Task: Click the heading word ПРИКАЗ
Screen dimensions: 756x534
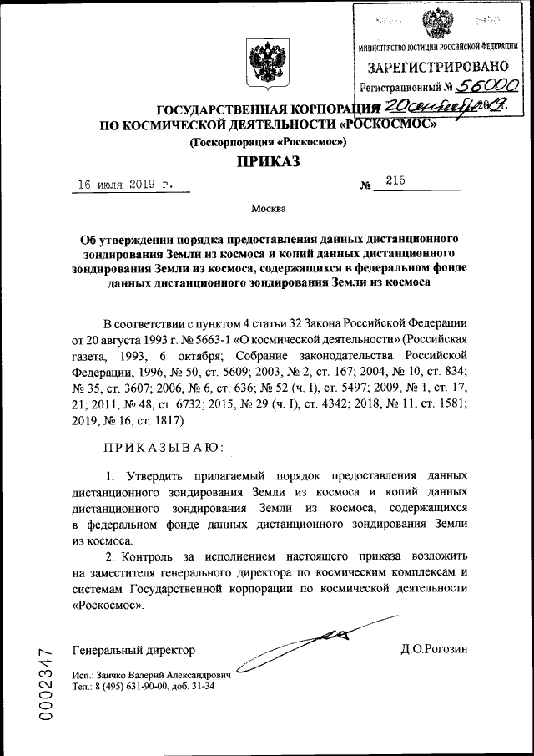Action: pos(269,162)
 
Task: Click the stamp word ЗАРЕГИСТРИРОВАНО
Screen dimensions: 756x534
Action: pos(437,66)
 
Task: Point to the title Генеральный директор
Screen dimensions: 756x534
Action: pos(133,650)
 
